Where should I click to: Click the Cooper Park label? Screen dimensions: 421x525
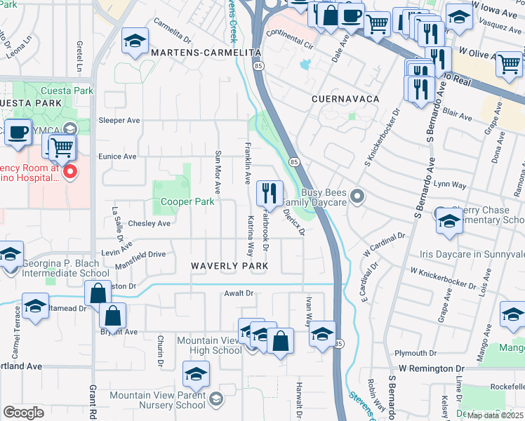(x=187, y=202)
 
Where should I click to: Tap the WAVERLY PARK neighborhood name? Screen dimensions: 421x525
(x=230, y=267)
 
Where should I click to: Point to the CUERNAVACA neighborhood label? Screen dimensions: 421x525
(x=346, y=100)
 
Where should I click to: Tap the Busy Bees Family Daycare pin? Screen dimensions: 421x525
(x=358, y=196)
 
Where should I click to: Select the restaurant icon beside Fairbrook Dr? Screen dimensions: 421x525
(x=270, y=192)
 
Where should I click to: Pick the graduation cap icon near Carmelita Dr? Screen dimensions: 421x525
(x=134, y=41)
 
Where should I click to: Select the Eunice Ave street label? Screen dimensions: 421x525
(x=117, y=156)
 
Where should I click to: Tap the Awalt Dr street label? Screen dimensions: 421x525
(x=238, y=293)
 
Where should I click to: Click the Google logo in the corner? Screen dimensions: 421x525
(x=23, y=413)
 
